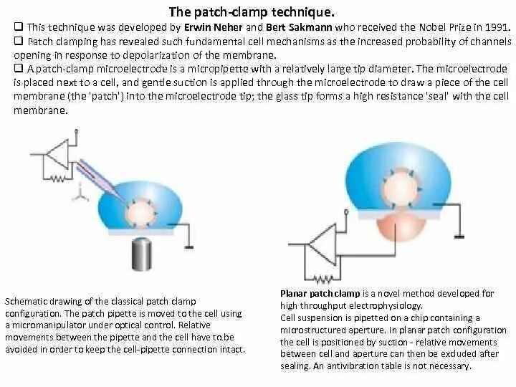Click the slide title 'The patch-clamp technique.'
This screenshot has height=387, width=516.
pyautogui.click(x=251, y=12)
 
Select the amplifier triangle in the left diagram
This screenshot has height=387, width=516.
pyautogui.click(x=57, y=154)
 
